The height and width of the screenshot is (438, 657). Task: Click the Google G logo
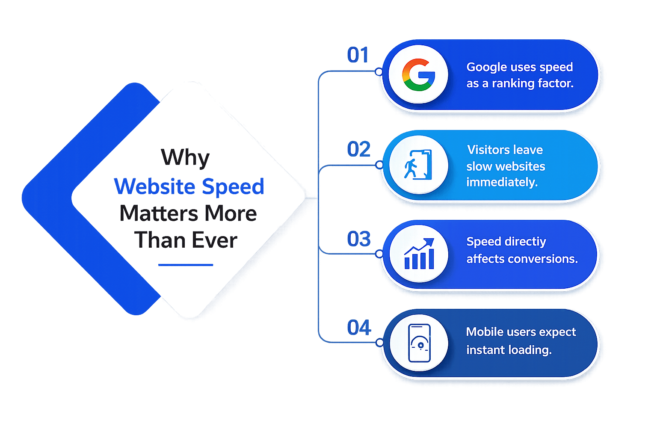[418, 74]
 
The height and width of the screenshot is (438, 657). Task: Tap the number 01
[358, 55]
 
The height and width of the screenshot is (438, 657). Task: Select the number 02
[359, 149]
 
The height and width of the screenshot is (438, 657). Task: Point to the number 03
[359, 239]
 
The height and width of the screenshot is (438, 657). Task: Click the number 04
[359, 327]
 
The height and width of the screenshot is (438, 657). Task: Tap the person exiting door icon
[418, 165]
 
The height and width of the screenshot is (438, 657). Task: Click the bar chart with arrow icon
[419, 254]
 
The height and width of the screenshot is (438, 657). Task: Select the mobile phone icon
[420, 343]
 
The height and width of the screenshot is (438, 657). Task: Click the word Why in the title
[185, 158]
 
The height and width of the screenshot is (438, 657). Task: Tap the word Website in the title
[154, 186]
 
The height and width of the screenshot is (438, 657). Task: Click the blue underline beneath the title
[185, 265]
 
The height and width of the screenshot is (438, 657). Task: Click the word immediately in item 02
[502, 183]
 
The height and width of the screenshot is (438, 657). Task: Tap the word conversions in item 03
[543, 259]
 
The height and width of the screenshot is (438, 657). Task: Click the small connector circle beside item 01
[379, 71]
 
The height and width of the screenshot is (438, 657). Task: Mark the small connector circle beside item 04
[379, 342]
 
